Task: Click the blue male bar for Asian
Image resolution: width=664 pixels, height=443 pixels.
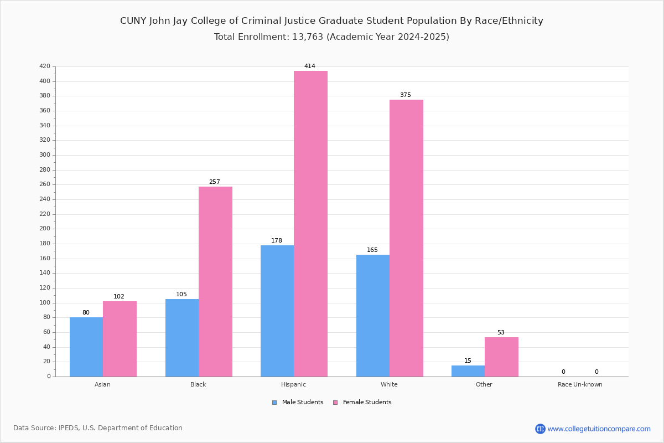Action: point(86,347)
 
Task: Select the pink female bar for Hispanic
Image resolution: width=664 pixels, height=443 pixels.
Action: point(310,224)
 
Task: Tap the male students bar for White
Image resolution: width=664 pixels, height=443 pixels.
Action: point(373,316)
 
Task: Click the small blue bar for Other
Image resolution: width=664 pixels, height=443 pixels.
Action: point(468,371)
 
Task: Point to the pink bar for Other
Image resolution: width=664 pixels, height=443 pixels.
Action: point(501,357)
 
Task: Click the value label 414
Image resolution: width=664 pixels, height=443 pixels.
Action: point(310,66)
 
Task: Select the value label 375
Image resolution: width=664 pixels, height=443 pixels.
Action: point(406,95)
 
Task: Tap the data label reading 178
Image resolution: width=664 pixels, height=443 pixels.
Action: point(277,241)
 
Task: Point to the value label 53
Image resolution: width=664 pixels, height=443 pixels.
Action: point(501,333)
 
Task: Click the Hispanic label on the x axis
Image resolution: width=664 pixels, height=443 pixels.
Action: point(293,384)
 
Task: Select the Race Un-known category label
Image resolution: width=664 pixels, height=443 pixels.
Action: point(580,384)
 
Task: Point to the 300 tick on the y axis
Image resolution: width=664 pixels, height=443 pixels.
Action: point(45,155)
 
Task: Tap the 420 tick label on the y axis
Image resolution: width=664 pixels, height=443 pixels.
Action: point(45,66)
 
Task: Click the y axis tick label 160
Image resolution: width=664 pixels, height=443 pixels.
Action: point(45,258)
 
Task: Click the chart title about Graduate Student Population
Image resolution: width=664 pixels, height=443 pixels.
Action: point(331,21)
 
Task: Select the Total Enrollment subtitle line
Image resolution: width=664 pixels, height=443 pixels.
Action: point(331,37)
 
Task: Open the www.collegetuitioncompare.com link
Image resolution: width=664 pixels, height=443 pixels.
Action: point(599,429)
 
